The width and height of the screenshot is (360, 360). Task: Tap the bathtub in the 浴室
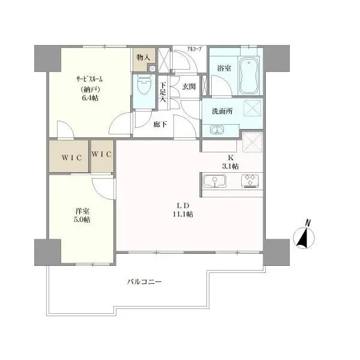(x=249, y=75)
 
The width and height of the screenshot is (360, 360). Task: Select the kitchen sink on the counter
(x=214, y=181)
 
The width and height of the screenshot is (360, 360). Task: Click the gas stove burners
(x=250, y=181)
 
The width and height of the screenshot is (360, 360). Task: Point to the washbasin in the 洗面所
(x=217, y=130)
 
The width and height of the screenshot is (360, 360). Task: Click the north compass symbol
(x=304, y=238)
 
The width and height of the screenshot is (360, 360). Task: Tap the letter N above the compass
(x=308, y=223)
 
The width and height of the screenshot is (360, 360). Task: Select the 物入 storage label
(x=143, y=58)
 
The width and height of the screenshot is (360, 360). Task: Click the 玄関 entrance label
(x=189, y=86)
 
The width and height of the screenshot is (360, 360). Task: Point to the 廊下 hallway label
(x=160, y=124)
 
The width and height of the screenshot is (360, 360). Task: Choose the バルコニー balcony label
(x=145, y=281)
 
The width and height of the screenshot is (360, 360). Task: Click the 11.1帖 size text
(x=183, y=214)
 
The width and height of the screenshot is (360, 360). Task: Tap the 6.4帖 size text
(x=89, y=98)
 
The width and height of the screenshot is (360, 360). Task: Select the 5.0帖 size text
(x=82, y=220)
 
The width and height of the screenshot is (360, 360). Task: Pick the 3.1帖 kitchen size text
(x=230, y=166)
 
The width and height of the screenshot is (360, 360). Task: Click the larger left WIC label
(x=71, y=158)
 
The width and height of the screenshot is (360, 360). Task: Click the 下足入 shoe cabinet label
(x=163, y=92)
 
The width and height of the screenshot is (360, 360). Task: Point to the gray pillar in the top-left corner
(x=47, y=58)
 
